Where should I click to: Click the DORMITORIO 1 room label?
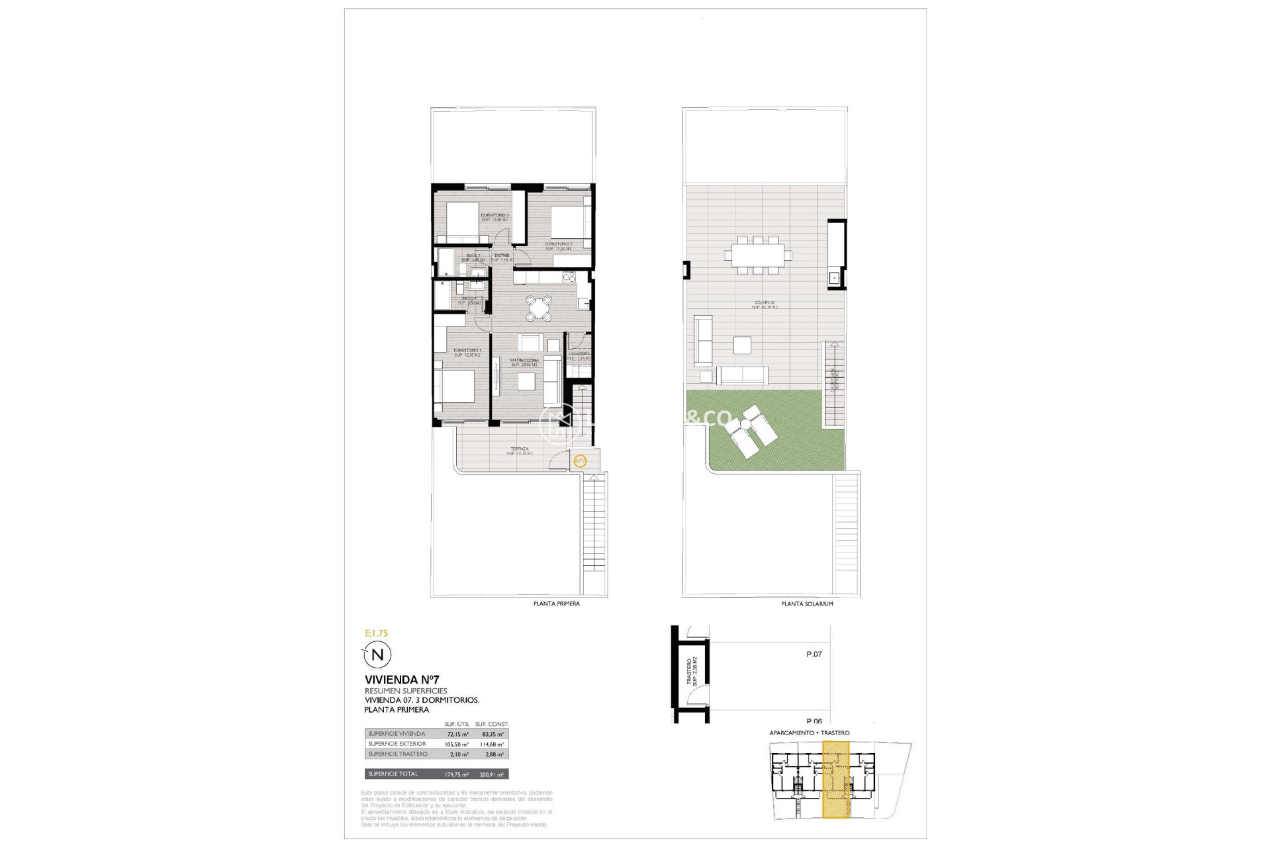[467, 350]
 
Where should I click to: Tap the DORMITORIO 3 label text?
[494, 215]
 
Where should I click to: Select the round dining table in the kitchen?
[540, 308]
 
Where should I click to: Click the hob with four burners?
[567, 277]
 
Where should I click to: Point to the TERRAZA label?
[520, 449]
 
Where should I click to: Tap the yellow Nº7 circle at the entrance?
[580, 461]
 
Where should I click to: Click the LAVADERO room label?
[579, 354]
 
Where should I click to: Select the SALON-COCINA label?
[524, 361]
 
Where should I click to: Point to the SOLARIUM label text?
[765, 303]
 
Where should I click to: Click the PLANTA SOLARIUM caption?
[807, 604]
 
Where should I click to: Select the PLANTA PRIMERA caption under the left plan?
[557, 604]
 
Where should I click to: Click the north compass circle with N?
[378, 655]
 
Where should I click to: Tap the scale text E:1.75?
[377, 633]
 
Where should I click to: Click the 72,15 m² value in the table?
[456, 735]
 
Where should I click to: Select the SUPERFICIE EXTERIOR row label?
[397, 744]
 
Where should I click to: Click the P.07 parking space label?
[814, 654]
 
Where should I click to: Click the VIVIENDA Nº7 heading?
[402, 680]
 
